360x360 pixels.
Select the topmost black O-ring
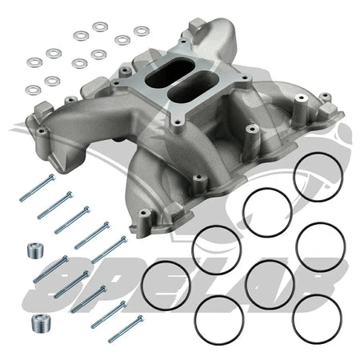318,177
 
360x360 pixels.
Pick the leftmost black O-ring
165,285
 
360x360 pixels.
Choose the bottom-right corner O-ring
318,316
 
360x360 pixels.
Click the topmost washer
100,27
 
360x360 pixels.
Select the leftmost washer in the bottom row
33,90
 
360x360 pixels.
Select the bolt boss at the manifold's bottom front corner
144,214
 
